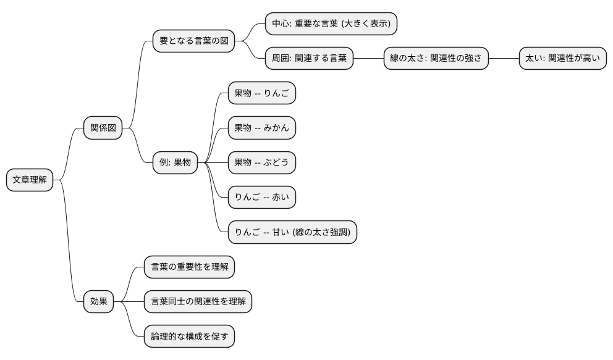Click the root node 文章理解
point(29,180)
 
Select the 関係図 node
point(103,128)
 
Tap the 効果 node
point(99,302)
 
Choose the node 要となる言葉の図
point(194,41)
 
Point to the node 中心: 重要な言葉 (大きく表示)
point(331,24)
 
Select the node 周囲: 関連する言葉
point(309,59)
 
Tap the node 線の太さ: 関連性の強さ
point(436,59)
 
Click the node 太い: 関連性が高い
point(562,59)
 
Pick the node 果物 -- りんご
point(262,93)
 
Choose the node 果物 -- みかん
point(262,128)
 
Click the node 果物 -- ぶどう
point(262,163)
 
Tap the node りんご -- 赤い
point(262,198)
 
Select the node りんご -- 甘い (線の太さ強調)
point(292,232)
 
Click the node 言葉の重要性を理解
point(189,267)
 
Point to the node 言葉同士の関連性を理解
point(198,302)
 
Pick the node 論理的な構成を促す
point(189,337)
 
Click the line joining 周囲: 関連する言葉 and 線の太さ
point(368,59)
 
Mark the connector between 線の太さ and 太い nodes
point(504,59)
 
